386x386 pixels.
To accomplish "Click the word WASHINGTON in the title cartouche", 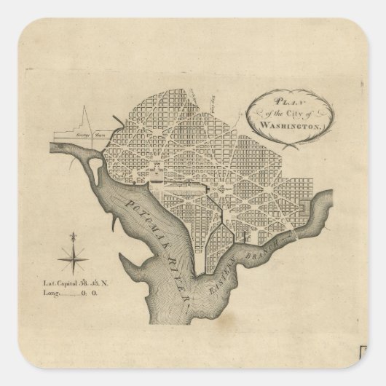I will [275, 126].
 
